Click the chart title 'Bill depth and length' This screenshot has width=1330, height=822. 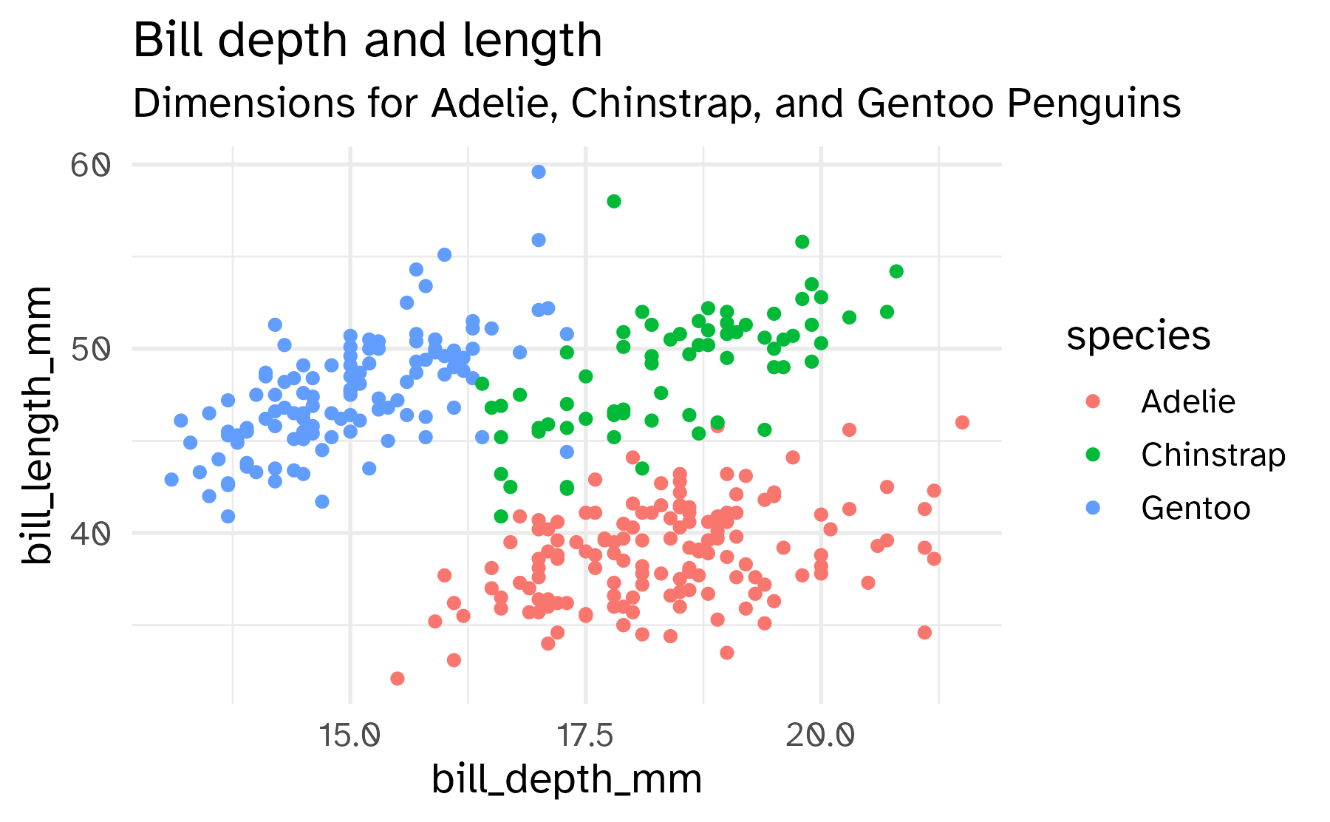coord(367,40)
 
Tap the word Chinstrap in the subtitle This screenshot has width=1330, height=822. coord(668,103)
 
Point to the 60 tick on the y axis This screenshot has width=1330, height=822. coord(90,165)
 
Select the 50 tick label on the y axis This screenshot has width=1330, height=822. coord(90,348)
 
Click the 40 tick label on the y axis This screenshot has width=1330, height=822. coord(90,532)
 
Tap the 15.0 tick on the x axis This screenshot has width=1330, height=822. coord(350,736)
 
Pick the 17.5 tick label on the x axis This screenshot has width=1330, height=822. coord(585,736)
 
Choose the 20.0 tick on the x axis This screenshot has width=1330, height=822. coord(820,736)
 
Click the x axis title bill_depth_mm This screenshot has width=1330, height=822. coord(566,780)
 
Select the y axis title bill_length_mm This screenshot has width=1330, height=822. coord(37,425)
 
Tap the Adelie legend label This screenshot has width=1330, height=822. coord(1187,401)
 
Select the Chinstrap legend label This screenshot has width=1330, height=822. coord(1213,455)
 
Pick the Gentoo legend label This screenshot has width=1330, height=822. coord(1195,508)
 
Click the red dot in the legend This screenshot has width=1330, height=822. coord(1093,401)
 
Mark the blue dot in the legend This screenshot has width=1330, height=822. coord(1093,508)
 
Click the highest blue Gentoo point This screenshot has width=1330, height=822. coord(539,171)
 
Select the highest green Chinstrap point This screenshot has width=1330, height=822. coord(613,201)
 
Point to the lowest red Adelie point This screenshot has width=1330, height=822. coord(398,678)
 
